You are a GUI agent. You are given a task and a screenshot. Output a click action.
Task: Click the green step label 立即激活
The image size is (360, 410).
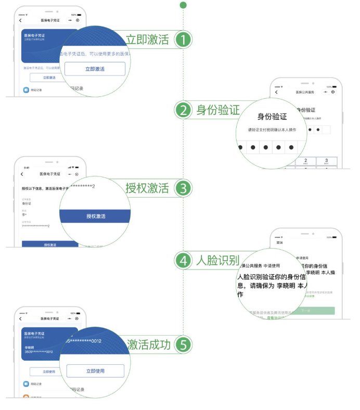pos(148,40)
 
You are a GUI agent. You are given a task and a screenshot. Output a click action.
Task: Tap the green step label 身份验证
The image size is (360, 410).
pos(218,110)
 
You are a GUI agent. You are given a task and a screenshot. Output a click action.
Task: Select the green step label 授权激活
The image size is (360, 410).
pos(148,188)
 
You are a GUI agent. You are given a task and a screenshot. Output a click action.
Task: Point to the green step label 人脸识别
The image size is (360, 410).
pos(217,260)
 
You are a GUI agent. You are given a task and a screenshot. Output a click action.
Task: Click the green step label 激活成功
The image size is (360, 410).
pos(148,344)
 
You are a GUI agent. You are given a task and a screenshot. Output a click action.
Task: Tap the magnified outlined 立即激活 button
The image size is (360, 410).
pos(95,69)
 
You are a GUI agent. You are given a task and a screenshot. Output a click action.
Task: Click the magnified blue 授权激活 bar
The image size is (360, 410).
pos(96,216)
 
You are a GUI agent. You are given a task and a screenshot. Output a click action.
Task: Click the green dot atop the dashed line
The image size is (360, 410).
pos(183,5)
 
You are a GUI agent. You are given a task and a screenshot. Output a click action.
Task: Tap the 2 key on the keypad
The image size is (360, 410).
pos(305,161)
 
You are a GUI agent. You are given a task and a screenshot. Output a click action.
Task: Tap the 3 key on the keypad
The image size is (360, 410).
pos(326,161)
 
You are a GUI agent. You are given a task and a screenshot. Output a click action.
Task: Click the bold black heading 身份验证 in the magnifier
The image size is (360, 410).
pos(272,117)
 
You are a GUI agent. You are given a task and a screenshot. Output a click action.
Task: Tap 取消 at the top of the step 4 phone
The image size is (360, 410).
pos(280,242)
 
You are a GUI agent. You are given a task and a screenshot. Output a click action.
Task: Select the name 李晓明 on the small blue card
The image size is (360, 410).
pos(33,347)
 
